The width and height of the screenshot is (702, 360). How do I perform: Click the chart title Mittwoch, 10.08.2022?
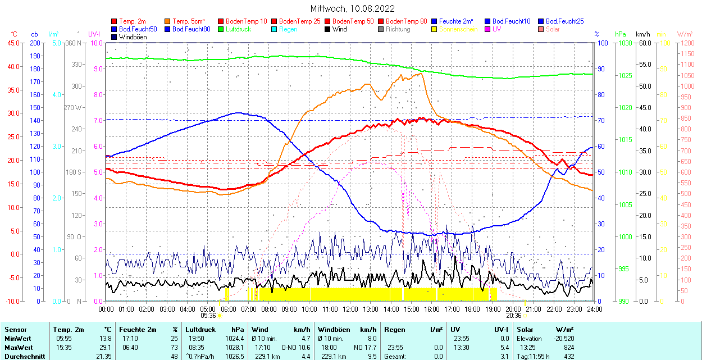(352, 9)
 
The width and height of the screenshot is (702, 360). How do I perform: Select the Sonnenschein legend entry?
(458, 29)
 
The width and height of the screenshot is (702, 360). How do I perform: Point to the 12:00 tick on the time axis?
(350, 309)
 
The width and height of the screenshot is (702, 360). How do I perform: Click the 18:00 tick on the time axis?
(472, 309)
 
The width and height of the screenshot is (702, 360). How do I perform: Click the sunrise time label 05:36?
(208, 316)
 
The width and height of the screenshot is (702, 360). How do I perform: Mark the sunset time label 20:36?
(513, 316)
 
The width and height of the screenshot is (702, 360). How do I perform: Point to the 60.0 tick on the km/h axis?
(644, 43)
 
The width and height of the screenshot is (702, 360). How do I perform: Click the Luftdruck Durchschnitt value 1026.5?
(238, 357)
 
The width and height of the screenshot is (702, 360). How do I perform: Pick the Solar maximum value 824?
(568, 348)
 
